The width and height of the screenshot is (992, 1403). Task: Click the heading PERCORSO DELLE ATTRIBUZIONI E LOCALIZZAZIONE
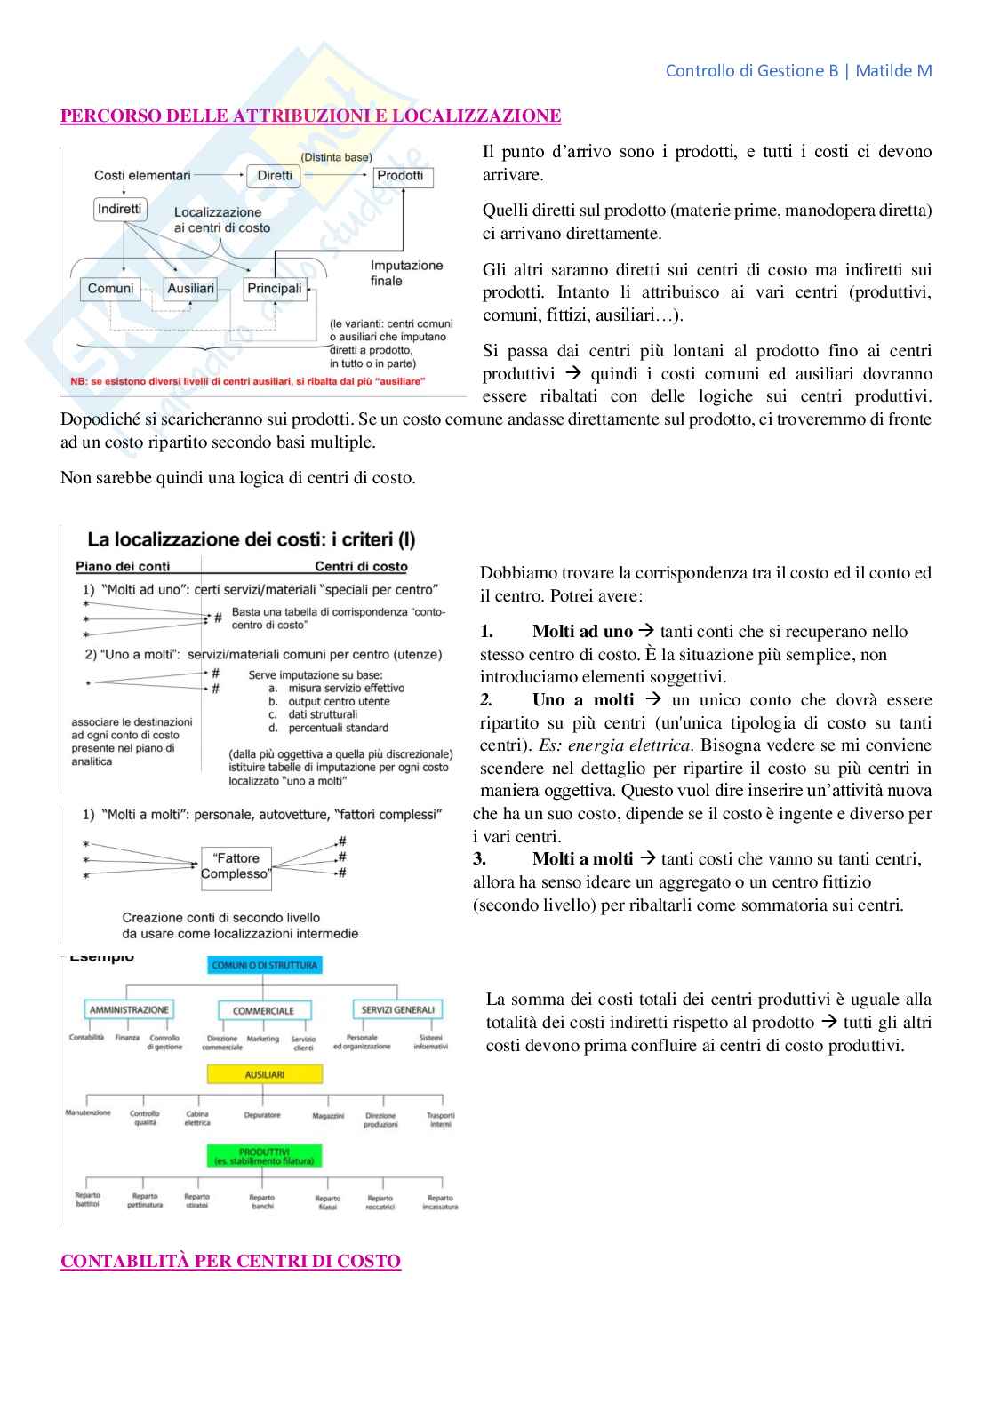pos(310,116)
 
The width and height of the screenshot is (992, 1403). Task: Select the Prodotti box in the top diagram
pos(401,176)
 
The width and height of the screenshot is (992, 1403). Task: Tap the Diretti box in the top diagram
pos(275,176)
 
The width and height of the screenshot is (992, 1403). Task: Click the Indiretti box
pos(120,209)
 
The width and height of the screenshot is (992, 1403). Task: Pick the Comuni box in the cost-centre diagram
pos(111,289)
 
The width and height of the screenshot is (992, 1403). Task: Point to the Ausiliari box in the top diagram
pos(191,289)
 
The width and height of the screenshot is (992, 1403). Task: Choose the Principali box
pos(275,289)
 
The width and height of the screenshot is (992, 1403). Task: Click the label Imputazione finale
pos(406,273)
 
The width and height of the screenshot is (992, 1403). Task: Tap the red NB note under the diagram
pos(248,381)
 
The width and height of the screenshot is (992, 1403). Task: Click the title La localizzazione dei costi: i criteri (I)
pos(252,539)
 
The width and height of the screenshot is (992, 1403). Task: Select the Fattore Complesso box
pos(236,866)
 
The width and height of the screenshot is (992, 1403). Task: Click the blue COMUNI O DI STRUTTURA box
pos(264,965)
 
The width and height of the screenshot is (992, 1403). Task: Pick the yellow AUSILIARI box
pos(264,1074)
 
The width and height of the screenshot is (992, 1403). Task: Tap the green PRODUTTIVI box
pos(264,1156)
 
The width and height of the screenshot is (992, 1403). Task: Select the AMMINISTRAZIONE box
pos(129,1010)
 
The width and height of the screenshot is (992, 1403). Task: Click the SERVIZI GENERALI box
pos(397,1010)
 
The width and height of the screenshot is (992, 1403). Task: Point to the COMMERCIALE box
pos(263,1011)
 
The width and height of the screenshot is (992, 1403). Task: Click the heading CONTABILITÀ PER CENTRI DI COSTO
pos(230,1261)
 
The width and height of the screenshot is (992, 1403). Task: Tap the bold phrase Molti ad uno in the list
pos(582,632)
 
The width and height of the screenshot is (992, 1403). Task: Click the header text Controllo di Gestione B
pos(751,71)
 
